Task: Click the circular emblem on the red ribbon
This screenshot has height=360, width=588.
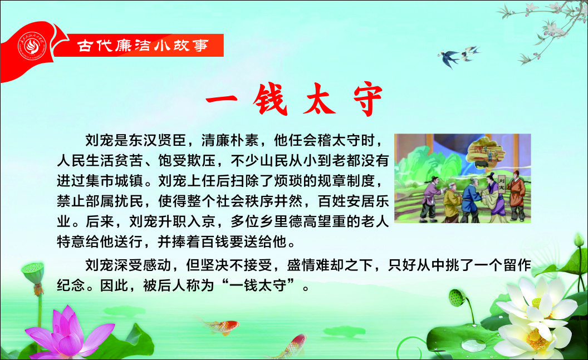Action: coord(32,46)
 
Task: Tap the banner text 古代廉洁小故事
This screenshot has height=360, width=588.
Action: coord(143,46)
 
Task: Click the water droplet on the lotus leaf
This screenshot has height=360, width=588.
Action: coord(473,344)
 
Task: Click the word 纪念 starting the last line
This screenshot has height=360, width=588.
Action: coord(71,285)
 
